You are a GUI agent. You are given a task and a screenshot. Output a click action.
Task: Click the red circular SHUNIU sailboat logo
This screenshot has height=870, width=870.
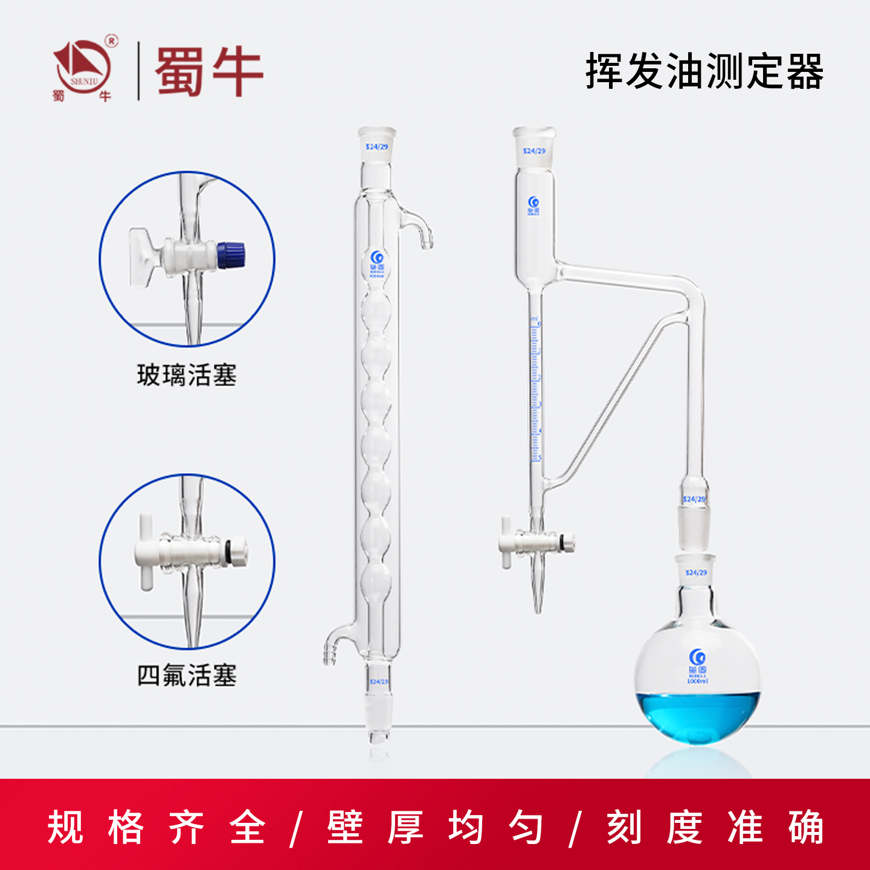(83, 68)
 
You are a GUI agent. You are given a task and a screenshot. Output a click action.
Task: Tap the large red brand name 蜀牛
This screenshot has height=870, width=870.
(209, 71)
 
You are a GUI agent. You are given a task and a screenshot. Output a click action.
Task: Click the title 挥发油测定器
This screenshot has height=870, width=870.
(704, 71)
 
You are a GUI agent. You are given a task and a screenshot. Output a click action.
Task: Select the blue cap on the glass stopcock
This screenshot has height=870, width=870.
(231, 254)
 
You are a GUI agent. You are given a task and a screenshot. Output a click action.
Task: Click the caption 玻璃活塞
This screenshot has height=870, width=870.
(187, 375)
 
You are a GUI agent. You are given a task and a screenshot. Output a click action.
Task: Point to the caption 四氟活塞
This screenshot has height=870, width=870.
(187, 675)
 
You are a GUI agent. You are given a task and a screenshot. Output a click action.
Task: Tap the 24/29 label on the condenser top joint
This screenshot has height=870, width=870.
(376, 147)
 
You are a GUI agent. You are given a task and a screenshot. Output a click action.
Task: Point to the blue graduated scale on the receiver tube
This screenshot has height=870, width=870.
(535, 393)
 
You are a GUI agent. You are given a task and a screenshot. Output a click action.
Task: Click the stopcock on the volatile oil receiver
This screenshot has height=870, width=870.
(534, 542)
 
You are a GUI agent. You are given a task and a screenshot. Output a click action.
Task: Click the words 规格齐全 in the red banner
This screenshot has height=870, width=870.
(156, 826)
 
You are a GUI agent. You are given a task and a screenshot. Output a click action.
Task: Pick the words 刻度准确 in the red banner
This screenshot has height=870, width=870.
(715, 826)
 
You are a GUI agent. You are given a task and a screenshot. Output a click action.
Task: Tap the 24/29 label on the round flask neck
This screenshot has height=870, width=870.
(696, 572)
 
